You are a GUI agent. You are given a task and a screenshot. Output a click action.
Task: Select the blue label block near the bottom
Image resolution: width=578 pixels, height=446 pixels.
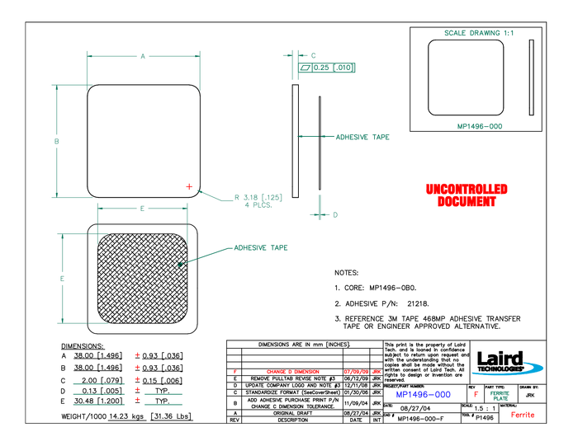pos(424,395)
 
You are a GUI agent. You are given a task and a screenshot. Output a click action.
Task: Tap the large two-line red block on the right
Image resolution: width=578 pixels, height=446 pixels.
pos(467,195)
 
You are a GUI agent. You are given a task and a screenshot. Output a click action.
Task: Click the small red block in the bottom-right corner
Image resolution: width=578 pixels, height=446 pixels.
pos(523,415)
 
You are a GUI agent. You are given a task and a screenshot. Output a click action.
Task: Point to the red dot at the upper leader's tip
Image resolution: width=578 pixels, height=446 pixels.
pos(189,186)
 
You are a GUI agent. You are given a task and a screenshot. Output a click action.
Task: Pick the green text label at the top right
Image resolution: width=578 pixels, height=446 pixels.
pos(479,34)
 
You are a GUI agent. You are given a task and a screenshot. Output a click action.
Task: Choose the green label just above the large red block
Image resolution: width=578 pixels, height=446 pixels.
pos(480,126)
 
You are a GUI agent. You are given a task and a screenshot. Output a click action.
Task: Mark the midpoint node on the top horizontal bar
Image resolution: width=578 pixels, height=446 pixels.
pos(143,56)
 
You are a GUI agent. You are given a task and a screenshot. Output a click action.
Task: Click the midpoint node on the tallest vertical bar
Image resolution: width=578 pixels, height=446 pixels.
pos(57,142)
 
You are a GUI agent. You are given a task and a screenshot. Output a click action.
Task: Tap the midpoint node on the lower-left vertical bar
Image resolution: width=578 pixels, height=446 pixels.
pos(62,279)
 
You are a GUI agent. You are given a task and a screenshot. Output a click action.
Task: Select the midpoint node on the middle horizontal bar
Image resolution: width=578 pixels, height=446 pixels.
pos(143,209)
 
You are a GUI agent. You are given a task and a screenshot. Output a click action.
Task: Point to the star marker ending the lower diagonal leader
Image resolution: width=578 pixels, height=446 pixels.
pos(180,265)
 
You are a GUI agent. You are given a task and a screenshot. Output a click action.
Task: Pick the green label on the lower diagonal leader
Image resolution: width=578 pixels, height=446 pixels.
pos(261,247)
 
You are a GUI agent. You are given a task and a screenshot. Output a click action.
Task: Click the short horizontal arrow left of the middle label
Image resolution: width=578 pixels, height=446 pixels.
pos(307,137)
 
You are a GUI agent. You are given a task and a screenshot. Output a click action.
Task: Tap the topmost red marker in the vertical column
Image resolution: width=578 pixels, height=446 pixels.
pos(138,354)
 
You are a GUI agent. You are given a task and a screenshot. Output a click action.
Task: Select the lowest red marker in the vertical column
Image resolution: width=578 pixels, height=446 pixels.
pos(138,399)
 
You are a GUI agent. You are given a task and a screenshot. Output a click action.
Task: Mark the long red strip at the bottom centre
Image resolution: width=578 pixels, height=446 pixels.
pos(293,372)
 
